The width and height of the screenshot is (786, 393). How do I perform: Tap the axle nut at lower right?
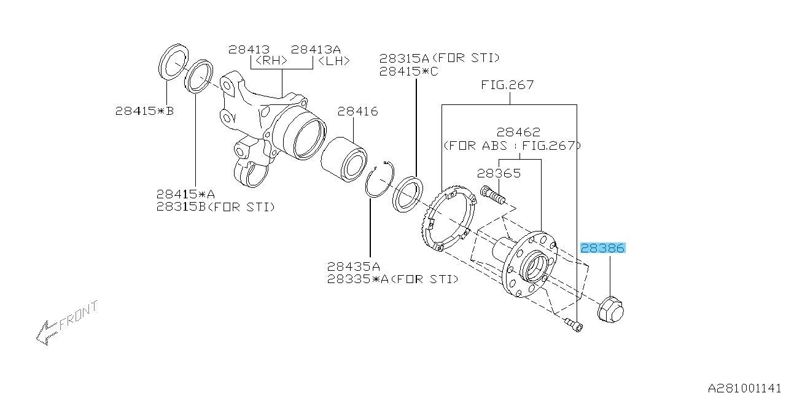610,309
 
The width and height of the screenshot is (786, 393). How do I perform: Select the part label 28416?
357,112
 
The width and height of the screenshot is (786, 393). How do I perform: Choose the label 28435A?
354,267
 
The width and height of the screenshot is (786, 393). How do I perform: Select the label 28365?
500,174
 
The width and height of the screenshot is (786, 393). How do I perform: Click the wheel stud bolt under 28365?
492,195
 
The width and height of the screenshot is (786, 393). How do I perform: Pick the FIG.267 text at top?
507,85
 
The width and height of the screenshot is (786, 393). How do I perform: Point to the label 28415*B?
144,111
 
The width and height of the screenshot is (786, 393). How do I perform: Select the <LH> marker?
332,61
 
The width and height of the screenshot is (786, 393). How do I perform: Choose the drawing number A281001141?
745,387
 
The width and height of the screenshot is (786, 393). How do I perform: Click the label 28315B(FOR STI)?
215,207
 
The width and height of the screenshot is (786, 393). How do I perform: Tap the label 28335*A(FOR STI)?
392,279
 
